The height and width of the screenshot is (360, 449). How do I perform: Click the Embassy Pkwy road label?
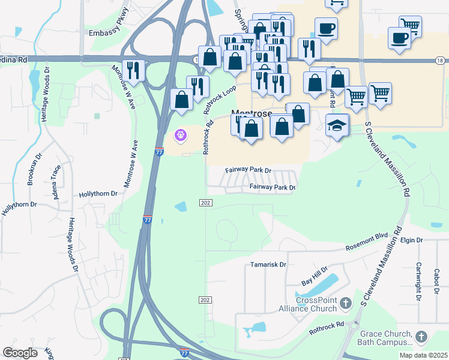pos(109,34)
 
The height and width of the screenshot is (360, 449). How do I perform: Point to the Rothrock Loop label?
pos(220,100)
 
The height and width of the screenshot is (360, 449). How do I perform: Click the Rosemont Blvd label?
pos(367,243)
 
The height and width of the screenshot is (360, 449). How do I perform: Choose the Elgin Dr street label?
pos(412,241)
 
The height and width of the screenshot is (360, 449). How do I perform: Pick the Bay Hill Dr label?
pos(314,276)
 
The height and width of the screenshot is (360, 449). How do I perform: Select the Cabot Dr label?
pos(436,281)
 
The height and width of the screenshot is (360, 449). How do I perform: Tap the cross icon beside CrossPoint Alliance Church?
pos(345,304)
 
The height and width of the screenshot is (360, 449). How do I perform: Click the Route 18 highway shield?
pos(440,61)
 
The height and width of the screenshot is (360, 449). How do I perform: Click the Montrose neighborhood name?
pos(252,113)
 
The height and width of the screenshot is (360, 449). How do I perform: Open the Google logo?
pos(20,353)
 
